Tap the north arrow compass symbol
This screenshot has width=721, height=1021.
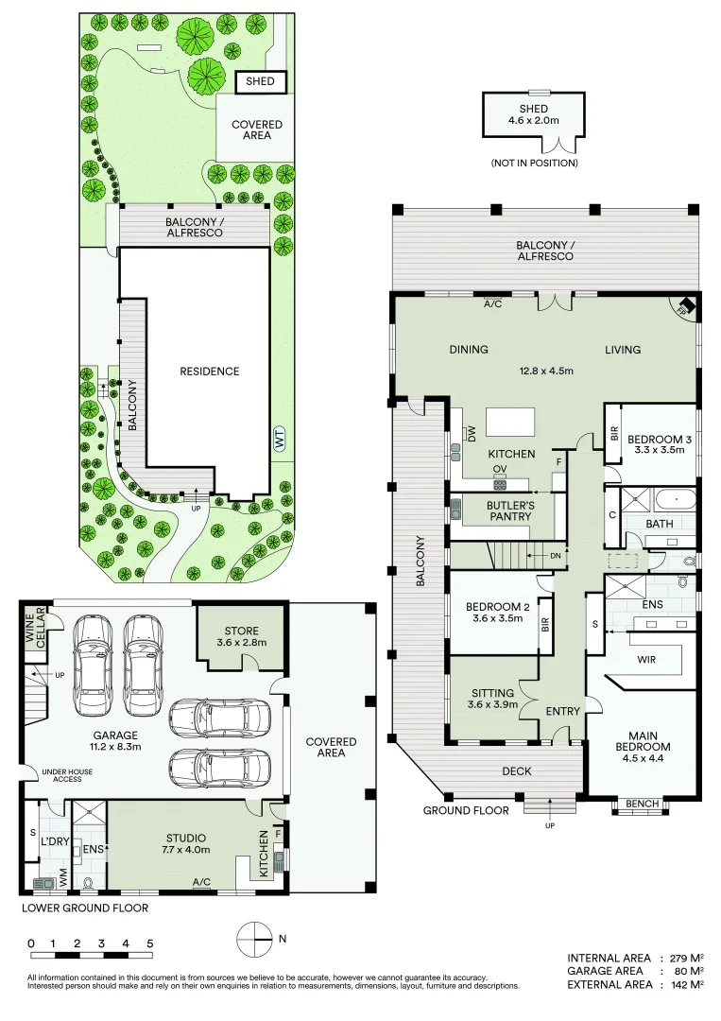click(x=252, y=939)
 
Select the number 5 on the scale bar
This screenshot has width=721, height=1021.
click(x=149, y=943)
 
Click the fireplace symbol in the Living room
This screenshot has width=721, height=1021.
click(x=685, y=306)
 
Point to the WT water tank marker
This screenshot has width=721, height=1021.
click(x=279, y=440)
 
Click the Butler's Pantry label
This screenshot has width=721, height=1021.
click(x=511, y=511)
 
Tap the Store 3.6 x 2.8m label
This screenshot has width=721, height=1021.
click(x=241, y=637)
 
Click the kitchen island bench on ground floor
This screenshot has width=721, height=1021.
click(x=509, y=420)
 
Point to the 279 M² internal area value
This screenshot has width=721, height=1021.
click(x=681, y=958)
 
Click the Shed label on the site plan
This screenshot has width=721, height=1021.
click(x=260, y=81)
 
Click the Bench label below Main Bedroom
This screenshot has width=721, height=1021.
click(x=642, y=804)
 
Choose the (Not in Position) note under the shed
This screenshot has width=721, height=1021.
click(x=534, y=164)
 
